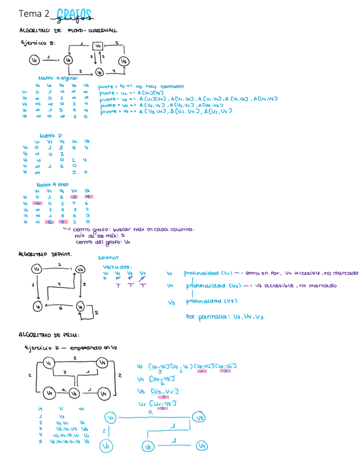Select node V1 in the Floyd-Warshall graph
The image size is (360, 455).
pos(34,61)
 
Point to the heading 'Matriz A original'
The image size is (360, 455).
pos(58,78)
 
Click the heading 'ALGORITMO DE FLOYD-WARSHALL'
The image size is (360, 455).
pos(68,31)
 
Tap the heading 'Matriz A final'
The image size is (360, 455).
pos(55,184)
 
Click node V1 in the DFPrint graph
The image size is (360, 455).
pos(37,306)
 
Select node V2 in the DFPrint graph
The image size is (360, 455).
pos(37,268)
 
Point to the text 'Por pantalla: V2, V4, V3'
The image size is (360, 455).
pos(224,317)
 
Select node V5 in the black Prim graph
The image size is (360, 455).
pos(102,363)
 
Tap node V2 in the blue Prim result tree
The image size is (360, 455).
pos(107,445)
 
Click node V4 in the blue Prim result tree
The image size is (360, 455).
pos(202,445)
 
